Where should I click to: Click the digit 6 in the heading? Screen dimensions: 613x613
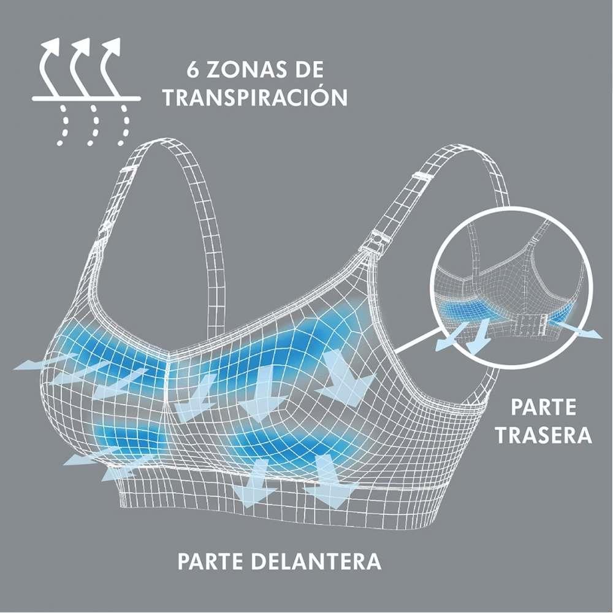coord(193,69)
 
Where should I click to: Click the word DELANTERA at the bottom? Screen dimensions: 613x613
coord(316,561)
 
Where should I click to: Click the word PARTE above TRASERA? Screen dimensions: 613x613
coord(543,407)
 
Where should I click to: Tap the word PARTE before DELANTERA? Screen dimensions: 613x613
coord(211,561)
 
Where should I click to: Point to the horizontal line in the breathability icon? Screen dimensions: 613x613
coord(86,99)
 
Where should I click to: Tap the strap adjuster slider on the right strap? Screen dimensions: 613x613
coord(421,177)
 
